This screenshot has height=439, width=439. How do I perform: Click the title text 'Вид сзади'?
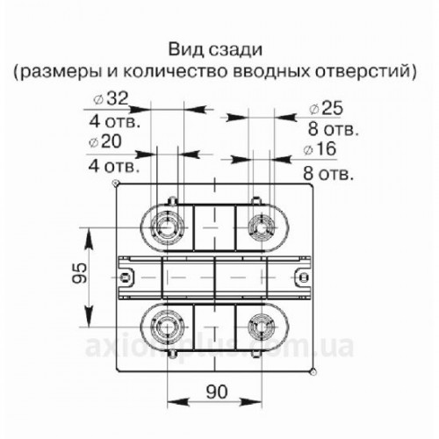tap(215, 50)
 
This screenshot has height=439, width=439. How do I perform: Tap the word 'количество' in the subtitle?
tap(175, 72)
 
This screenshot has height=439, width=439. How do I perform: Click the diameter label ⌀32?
tap(111, 98)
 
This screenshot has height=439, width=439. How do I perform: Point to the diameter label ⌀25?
tap(326, 108)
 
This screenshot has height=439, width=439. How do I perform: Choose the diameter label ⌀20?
tap(104, 141)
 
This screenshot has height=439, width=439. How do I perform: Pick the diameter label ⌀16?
tap(320, 149)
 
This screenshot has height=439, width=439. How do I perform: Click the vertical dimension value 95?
tap(80, 273)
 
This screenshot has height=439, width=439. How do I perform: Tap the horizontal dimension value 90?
tap(217, 392)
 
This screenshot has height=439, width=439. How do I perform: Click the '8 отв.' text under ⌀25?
tap(333, 129)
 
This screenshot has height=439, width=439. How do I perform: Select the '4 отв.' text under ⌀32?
tap(115, 121)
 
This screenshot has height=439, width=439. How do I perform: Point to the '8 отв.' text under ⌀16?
tap(328, 173)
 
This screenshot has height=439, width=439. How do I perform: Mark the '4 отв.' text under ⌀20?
tap(113, 166)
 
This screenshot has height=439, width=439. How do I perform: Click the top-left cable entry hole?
tap(167, 227)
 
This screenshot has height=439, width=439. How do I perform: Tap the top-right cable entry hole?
tap(262, 227)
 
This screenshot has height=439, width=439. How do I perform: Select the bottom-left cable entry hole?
tap(167, 326)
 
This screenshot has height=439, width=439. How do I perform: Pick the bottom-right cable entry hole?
tap(262, 326)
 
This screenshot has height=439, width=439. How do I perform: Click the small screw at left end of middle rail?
tap(126, 277)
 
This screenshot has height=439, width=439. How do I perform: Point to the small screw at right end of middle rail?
tap(305, 277)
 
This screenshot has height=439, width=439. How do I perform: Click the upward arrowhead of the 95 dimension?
tap(89, 238)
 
